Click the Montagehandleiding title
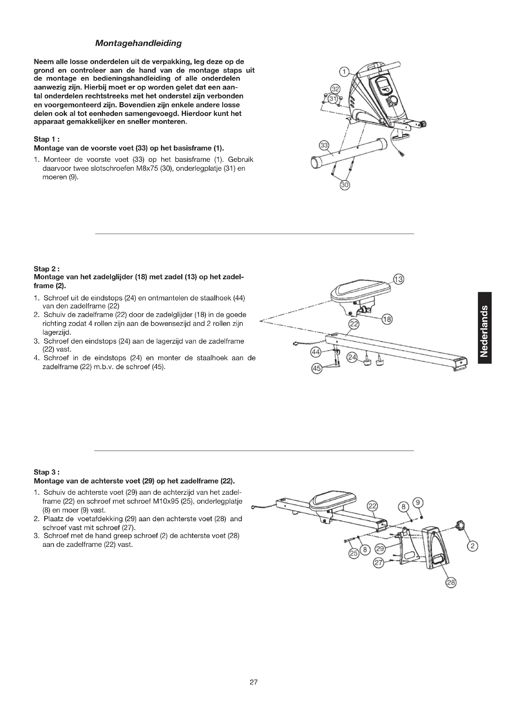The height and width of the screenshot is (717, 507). click(138, 43)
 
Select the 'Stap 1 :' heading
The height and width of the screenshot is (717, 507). click(47, 139)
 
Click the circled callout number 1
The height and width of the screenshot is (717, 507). click(344, 72)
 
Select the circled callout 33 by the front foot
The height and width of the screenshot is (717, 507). click(324, 145)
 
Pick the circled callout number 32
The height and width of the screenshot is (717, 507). click(335, 89)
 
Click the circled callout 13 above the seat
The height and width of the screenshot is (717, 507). click(398, 279)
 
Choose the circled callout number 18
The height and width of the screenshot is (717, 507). click(387, 319)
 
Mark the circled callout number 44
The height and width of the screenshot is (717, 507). click(316, 352)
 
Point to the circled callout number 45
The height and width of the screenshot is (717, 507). click(317, 369)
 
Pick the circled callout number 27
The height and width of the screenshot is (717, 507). click(378, 563)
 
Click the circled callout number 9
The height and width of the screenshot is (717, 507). click(418, 502)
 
